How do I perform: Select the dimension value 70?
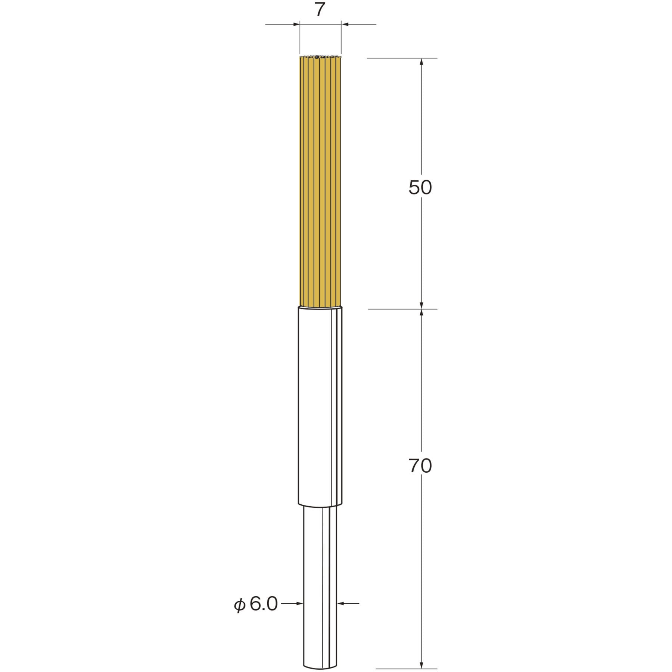click(420, 466)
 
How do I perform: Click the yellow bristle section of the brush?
click(320, 179)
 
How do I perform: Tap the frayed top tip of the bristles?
click(320, 57)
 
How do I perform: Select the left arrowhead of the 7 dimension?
click(297, 25)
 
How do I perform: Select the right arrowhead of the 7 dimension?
click(345, 25)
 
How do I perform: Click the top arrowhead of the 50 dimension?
click(421, 62)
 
